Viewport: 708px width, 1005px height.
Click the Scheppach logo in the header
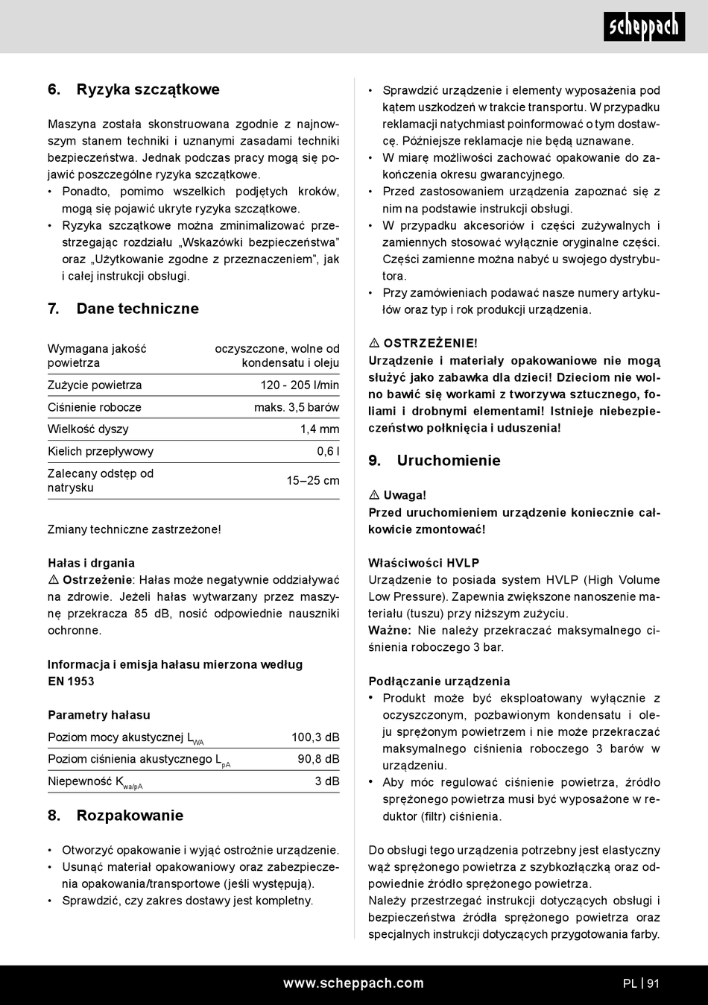(644, 28)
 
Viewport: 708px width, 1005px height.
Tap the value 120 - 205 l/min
(300, 385)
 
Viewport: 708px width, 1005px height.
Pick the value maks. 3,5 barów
(297, 407)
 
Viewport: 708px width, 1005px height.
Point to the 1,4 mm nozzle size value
(320, 429)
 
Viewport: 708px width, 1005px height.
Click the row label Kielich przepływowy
(101, 451)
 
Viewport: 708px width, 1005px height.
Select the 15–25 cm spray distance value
(313, 481)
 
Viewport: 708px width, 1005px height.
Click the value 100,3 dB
(315, 737)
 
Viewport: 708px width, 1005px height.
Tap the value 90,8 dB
(318, 759)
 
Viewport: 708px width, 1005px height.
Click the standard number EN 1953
(71, 681)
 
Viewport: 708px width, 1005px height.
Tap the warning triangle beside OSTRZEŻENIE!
(375, 344)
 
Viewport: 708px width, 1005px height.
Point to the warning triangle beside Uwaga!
(375, 496)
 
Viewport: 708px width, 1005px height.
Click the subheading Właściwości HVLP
(423, 563)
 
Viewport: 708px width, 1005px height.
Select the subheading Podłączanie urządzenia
(439, 681)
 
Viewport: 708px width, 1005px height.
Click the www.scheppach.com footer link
(353, 983)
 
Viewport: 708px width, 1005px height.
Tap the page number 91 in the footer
(654, 983)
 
